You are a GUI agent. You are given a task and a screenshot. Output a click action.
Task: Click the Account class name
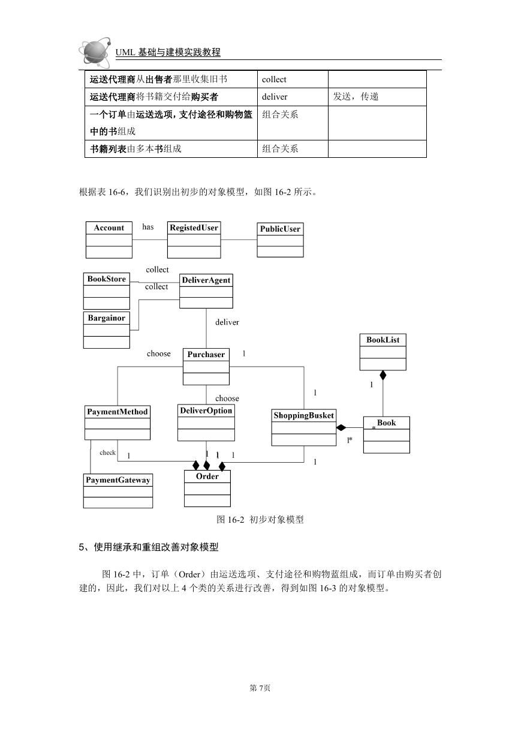point(109,227)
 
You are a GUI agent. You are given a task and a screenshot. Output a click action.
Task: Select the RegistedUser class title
point(194,227)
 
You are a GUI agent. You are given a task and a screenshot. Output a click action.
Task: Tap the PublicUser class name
point(280,229)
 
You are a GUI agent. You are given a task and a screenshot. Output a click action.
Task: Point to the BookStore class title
point(107,279)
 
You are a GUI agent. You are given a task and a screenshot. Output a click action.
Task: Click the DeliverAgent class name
point(206,280)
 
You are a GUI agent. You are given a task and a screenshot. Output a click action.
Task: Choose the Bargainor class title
point(107,318)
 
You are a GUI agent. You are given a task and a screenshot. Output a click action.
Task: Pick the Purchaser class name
point(206,354)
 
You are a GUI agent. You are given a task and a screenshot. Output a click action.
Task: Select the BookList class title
point(383,340)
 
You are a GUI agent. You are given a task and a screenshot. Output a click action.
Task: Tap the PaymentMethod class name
point(118,412)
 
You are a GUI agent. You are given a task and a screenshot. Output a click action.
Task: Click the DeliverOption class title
point(206,411)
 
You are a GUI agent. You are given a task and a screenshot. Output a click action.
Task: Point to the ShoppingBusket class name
point(304,415)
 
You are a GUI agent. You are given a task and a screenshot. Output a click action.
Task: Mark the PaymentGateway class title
point(118,480)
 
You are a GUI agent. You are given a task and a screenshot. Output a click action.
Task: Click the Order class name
point(207,477)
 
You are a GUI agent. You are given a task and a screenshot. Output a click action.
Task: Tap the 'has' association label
point(148,227)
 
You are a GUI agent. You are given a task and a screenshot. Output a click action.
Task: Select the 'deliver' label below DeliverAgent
point(227,322)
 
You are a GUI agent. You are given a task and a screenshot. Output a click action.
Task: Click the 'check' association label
point(107,453)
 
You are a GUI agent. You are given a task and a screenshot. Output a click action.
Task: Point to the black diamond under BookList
point(383,375)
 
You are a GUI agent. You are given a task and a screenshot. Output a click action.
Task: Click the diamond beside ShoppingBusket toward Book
point(341,428)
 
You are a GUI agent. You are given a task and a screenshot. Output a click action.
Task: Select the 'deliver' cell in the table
point(275,97)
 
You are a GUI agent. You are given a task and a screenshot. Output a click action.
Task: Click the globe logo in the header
point(95,53)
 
